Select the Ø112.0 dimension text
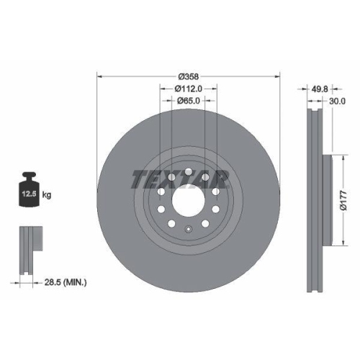tap(189, 89)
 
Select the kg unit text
tap(47, 194)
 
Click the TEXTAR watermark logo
tap(180, 179)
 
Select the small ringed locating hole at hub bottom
tap(188, 230)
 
